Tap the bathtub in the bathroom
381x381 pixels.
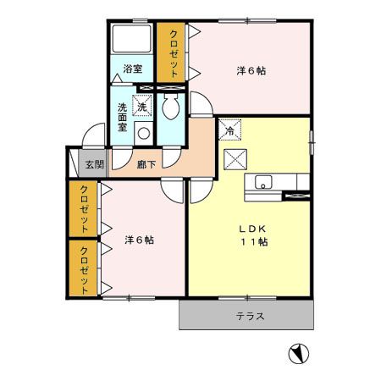[x=132, y=39]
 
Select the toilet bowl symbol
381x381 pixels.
[x=170, y=108]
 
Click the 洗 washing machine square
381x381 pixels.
[x=143, y=107]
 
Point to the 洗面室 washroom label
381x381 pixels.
[x=123, y=117]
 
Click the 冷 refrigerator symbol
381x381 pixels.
[x=229, y=130]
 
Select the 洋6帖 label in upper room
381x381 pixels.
[x=251, y=71]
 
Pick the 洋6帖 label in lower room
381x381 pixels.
[x=138, y=240]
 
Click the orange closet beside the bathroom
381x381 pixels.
[x=172, y=52]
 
